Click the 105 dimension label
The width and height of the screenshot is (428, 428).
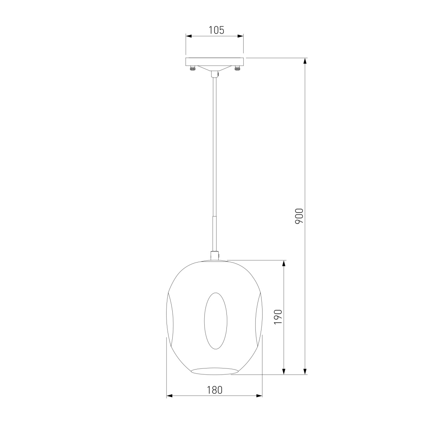216,30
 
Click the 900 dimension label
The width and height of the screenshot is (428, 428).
299,216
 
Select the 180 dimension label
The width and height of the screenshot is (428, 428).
215,390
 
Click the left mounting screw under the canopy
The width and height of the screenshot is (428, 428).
192,68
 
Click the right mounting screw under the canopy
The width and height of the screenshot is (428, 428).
237,68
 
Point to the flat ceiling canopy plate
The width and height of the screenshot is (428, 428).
215,61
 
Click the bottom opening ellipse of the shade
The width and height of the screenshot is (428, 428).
215,371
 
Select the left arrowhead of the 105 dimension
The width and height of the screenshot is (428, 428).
189,36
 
